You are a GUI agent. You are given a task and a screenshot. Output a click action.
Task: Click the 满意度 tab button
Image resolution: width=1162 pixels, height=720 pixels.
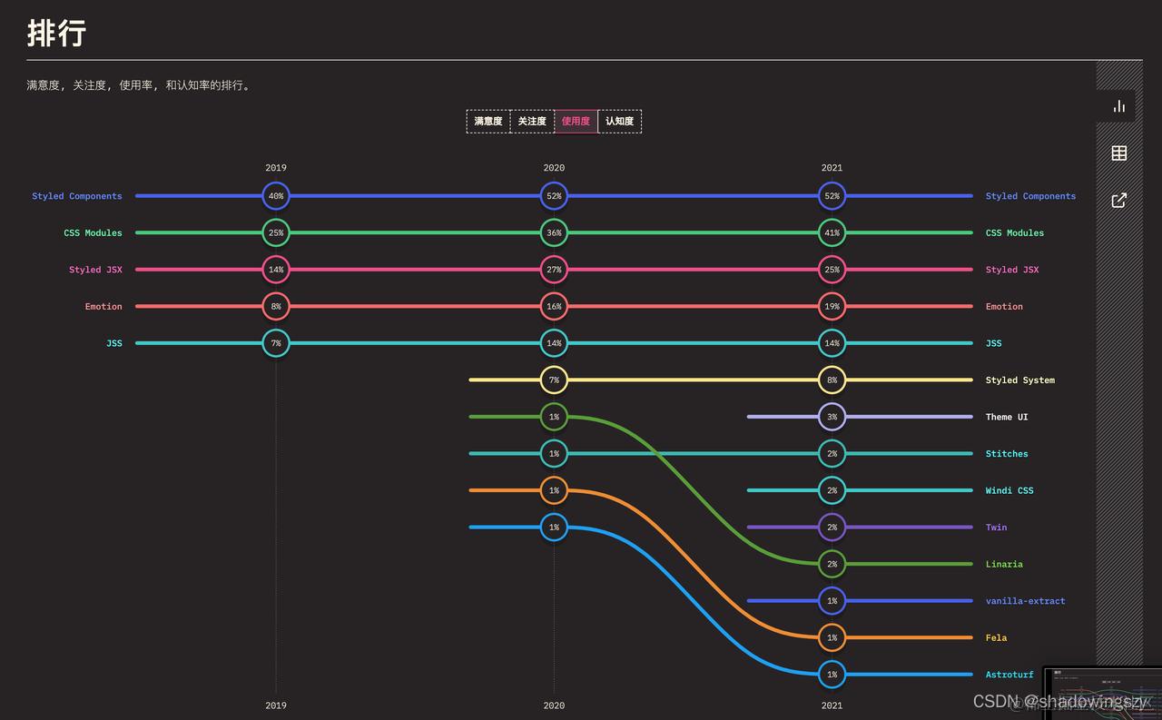point(488,122)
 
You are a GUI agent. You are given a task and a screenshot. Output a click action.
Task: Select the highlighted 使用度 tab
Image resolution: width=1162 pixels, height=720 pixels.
point(576,122)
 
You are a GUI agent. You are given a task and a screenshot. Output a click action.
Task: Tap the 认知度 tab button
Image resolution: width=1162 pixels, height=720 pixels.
point(619,122)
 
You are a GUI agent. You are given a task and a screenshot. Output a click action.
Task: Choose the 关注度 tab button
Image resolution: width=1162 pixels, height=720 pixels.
point(532,122)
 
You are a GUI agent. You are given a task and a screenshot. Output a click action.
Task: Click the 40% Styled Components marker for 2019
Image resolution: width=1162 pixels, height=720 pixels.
point(276,196)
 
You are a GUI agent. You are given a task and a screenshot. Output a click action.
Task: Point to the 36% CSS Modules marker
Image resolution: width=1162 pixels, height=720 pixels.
point(554,232)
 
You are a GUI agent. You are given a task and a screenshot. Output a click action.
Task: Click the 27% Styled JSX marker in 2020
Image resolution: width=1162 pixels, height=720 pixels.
point(554,270)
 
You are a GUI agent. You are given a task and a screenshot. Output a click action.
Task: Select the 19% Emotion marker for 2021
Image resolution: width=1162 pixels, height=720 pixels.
point(832,307)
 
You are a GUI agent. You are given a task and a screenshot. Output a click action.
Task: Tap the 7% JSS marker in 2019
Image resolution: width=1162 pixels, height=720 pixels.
point(276,343)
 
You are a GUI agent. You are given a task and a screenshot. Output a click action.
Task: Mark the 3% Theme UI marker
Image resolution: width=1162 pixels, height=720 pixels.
point(832,417)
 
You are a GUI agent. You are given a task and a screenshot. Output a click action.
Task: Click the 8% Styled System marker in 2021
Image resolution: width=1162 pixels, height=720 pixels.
point(832,380)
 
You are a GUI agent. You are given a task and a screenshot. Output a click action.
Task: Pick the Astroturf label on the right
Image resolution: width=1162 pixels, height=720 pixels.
point(1009,675)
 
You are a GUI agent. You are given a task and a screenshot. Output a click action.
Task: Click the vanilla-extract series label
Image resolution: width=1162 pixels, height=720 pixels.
point(1025,601)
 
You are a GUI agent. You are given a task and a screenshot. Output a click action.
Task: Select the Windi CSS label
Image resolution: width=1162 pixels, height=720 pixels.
point(1009,490)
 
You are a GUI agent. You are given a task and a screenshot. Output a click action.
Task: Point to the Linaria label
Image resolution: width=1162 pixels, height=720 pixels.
point(1004,564)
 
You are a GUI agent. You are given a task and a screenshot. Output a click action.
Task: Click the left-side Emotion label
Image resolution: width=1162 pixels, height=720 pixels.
point(103,307)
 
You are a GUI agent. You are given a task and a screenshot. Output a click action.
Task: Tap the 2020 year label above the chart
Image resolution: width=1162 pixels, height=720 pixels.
point(554,168)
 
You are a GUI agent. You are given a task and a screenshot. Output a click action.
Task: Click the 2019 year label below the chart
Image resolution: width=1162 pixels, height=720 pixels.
point(276,705)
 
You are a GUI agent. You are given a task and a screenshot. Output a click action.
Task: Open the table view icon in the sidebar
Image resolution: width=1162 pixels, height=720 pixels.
point(1119,153)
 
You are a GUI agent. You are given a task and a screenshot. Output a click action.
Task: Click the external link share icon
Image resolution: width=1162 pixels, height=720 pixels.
point(1119,200)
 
